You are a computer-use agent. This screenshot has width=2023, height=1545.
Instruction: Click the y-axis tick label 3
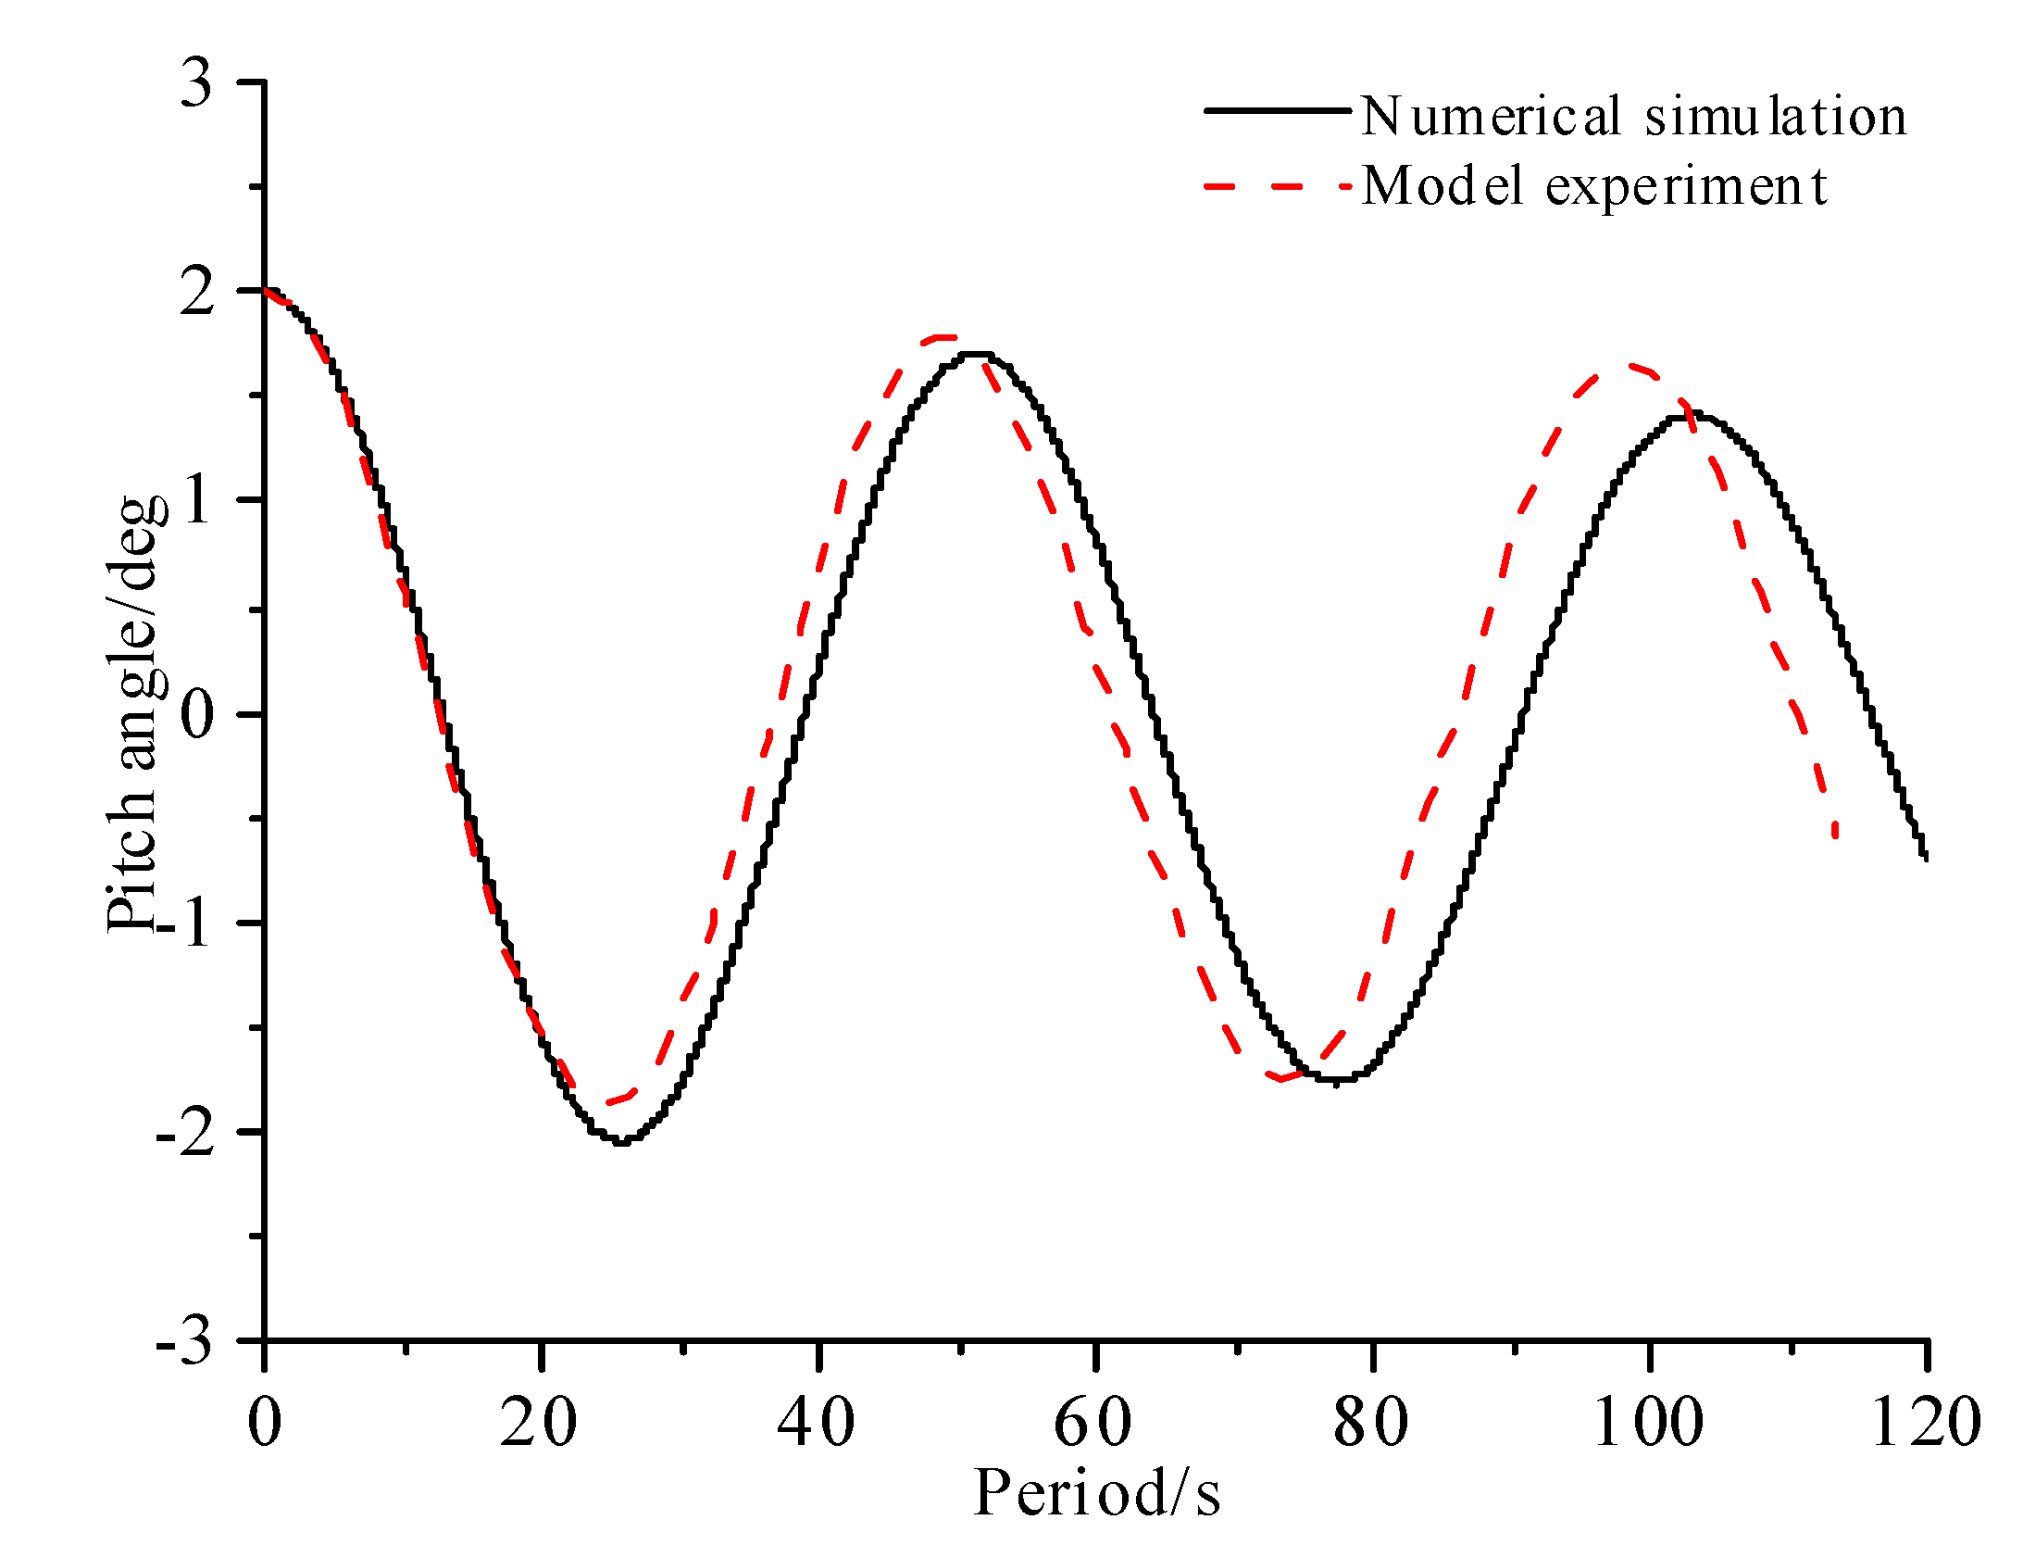click(x=195, y=85)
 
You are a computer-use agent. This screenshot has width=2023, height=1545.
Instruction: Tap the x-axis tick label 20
click(x=539, y=1422)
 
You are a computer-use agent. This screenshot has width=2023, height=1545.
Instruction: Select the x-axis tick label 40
click(x=816, y=1422)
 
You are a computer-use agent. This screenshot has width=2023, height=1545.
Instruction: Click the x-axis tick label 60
click(x=1093, y=1422)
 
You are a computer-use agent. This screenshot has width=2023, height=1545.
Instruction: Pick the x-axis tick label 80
click(x=1370, y=1422)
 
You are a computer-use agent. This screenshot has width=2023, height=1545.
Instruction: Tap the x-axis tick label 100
click(x=1648, y=1422)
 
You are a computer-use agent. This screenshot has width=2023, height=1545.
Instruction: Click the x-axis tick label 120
click(x=1926, y=1422)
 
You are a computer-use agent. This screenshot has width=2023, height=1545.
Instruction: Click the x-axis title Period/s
click(x=1097, y=1493)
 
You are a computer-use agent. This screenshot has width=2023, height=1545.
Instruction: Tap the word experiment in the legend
click(x=1687, y=187)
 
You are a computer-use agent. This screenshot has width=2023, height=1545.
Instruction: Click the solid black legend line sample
click(x=1278, y=110)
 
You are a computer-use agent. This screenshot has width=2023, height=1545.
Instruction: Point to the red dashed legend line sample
click(x=1278, y=186)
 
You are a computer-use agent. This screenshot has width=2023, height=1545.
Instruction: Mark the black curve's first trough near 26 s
click(x=622, y=1142)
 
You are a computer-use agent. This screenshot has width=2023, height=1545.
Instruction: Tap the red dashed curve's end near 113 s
click(x=1834, y=835)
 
